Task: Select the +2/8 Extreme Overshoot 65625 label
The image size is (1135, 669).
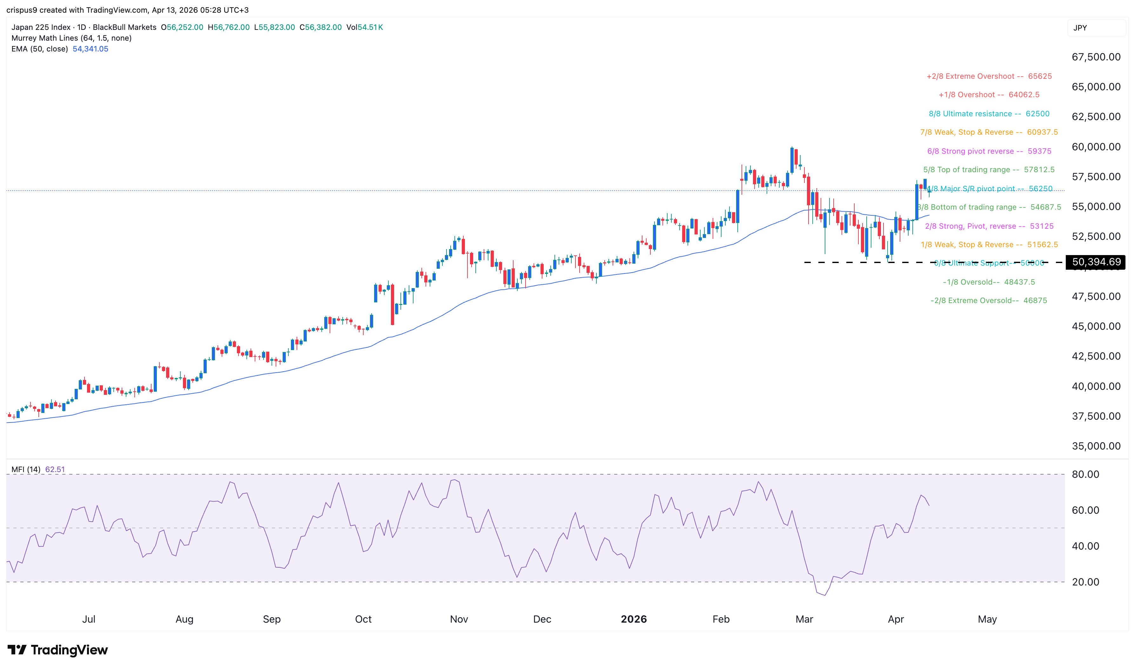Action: click(989, 76)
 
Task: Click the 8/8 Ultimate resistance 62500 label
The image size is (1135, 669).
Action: click(989, 114)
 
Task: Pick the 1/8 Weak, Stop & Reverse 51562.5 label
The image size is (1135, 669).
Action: click(989, 244)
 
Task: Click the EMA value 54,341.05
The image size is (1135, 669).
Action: click(90, 49)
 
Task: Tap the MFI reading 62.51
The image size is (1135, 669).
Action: click(55, 469)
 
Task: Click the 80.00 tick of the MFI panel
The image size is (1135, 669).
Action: click(1085, 474)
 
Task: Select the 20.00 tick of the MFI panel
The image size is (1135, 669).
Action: click(1085, 582)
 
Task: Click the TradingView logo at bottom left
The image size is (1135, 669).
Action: click(58, 650)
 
